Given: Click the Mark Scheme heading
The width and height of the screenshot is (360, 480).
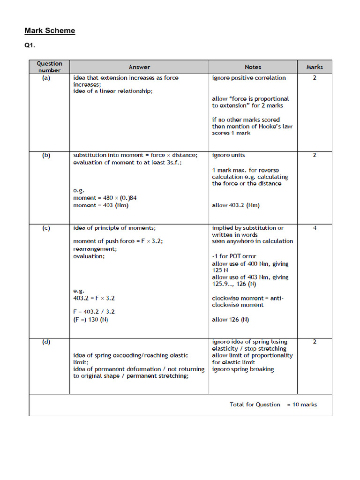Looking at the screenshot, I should pos(50,31).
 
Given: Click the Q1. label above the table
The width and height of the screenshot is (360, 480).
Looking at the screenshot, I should pos(30,46).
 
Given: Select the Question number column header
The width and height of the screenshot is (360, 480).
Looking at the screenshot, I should pos(49,67).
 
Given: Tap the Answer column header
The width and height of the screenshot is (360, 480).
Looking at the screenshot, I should pos(139,67).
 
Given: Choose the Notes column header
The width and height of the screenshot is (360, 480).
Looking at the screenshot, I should pos(253,67).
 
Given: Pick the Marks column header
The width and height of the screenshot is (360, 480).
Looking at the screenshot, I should pos(315,67).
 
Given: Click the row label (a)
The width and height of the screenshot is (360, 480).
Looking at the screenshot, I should pos(46,78).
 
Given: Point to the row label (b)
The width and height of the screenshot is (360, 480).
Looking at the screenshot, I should pos(46,155).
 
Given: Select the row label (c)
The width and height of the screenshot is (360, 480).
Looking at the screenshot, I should pos(46,228).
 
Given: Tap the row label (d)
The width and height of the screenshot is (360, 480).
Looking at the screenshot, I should pos(46,342).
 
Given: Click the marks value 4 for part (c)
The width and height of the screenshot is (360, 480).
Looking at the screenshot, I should pos(315,228).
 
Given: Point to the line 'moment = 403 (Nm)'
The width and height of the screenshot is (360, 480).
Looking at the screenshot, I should pos(101,205).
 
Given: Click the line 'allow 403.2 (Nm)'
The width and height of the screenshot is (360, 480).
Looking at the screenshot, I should pos(236,205).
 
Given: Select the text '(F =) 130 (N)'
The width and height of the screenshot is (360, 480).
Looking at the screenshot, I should pos(93,320).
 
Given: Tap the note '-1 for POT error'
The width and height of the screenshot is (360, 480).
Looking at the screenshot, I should pos(234,256).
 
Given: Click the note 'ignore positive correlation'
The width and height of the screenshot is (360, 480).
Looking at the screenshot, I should pos(248,78).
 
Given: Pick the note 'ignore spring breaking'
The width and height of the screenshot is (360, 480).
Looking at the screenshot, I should pos(243,369).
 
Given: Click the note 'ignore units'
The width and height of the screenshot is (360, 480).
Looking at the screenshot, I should pos(228,155).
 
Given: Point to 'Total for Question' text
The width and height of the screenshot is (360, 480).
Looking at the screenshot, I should pos(255,405).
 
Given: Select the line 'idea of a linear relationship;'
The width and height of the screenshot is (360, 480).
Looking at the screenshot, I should pos(112,91).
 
